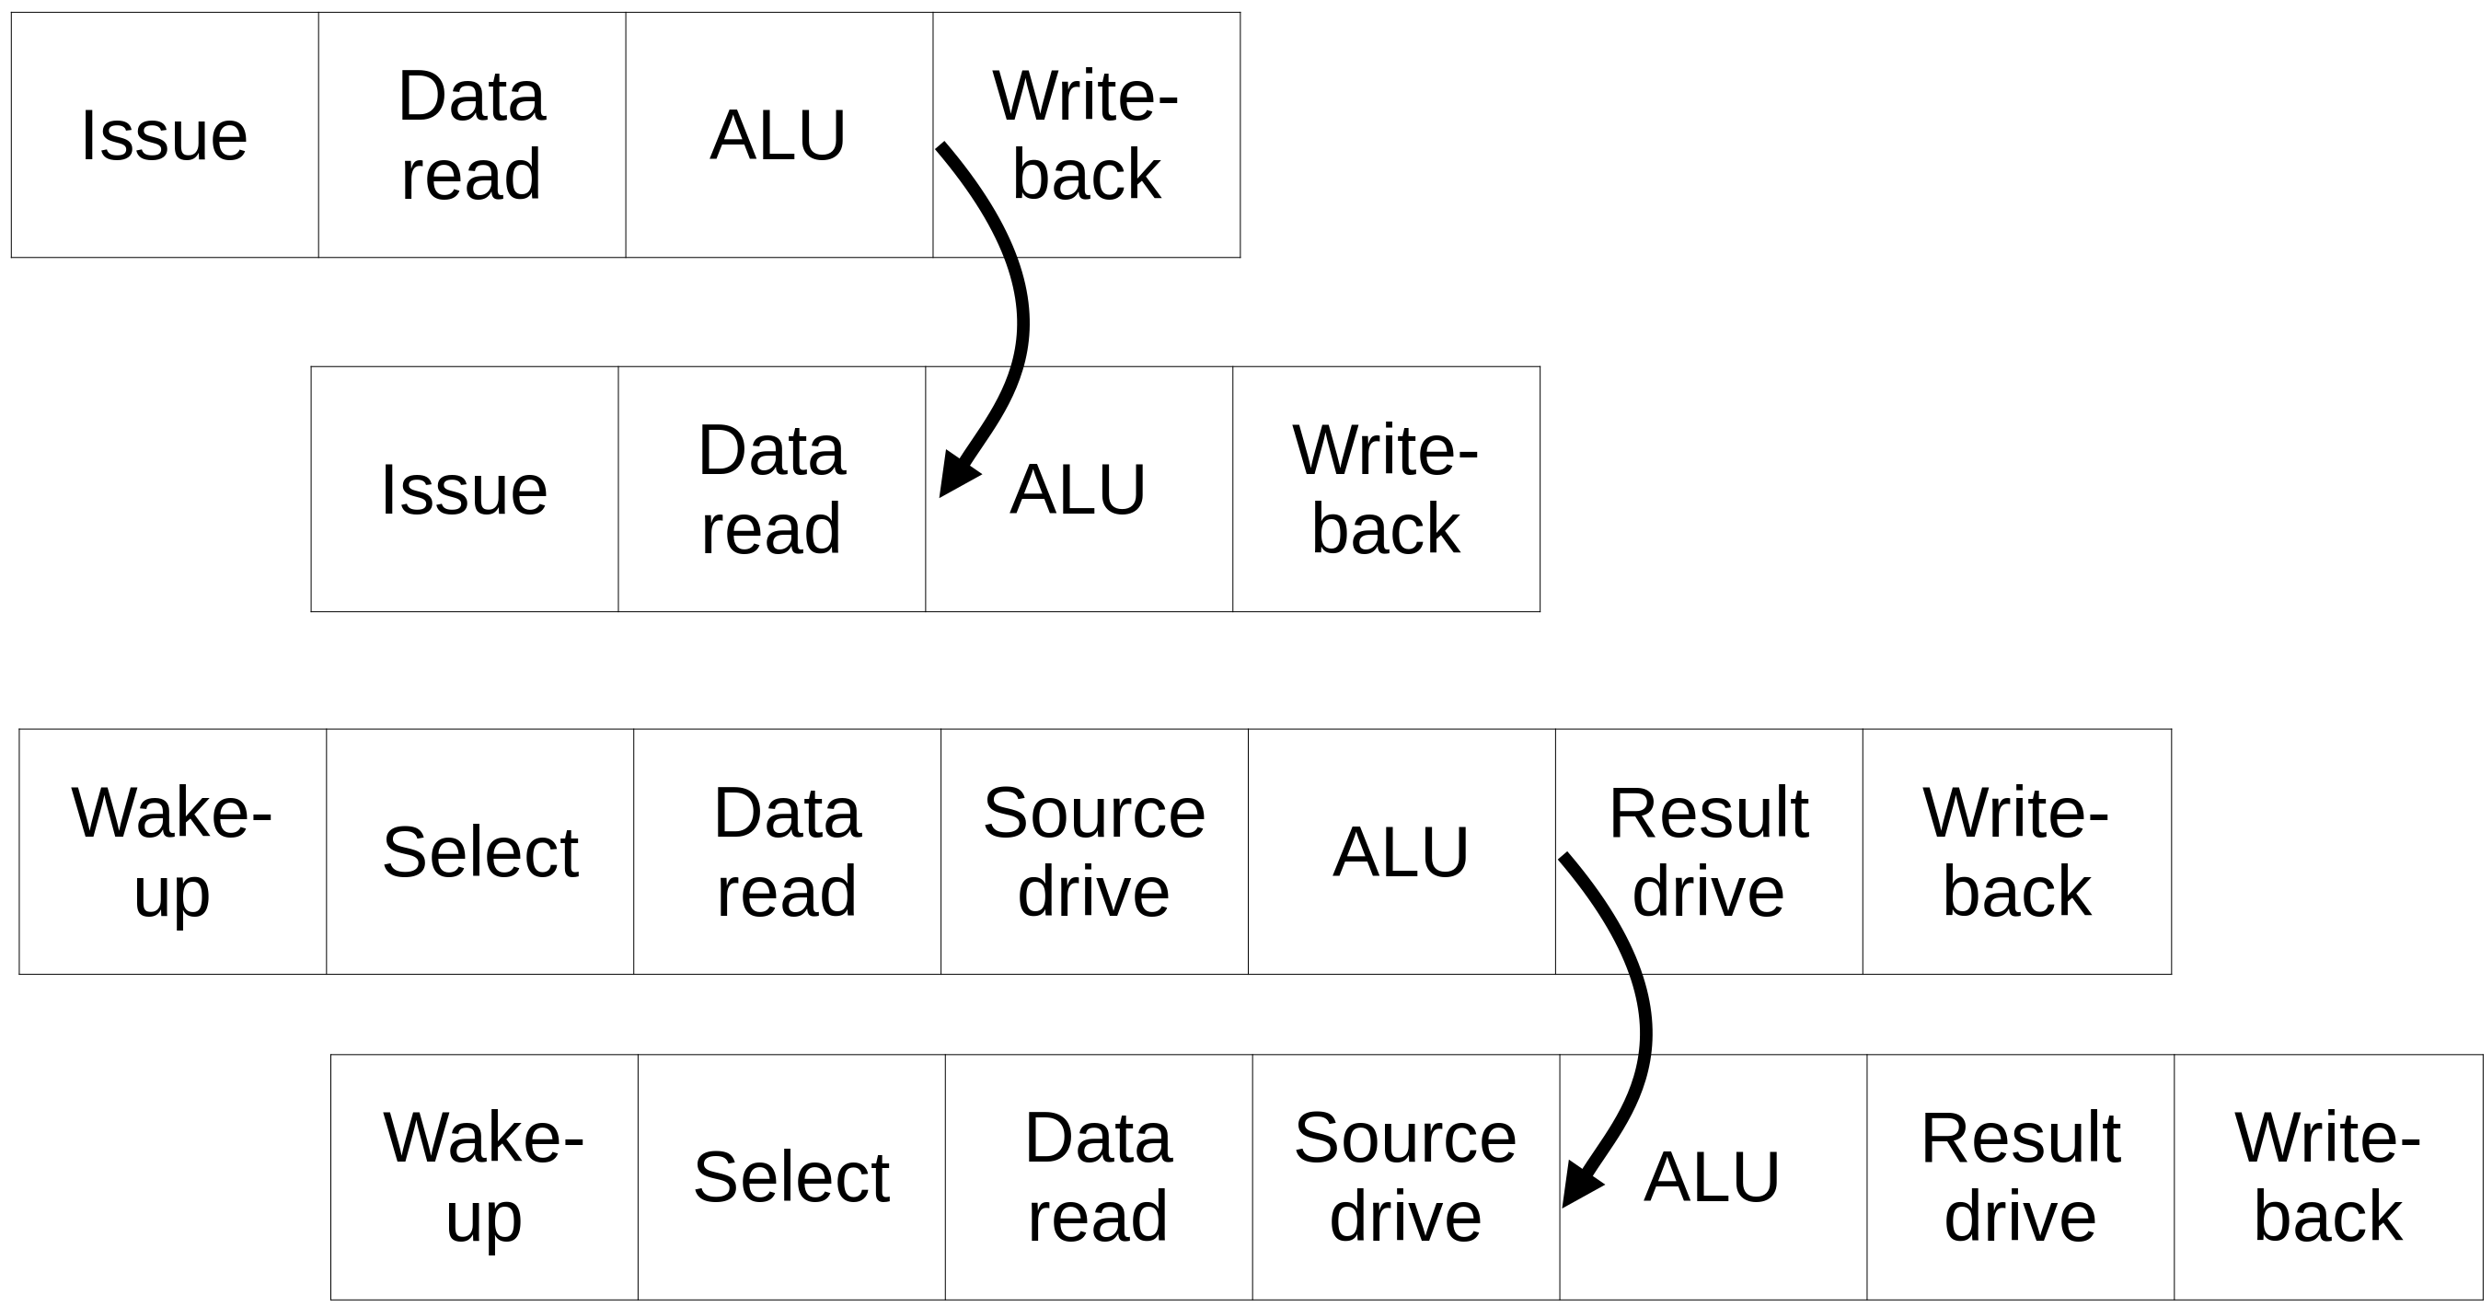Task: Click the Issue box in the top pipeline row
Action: coord(165,134)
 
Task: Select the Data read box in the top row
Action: coord(472,134)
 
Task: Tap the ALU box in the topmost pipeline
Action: coord(779,134)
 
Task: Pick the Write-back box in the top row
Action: coord(1087,134)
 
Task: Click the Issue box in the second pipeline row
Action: coord(465,489)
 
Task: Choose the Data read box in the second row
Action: coord(772,489)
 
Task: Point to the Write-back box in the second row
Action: coord(1386,489)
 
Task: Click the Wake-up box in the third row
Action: coord(172,851)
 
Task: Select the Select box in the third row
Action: coord(479,851)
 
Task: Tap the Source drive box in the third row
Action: coord(1094,851)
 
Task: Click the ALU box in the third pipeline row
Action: coord(1402,851)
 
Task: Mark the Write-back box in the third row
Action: coord(2017,851)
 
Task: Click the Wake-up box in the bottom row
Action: coord(484,1176)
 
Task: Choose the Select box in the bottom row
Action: coord(791,1176)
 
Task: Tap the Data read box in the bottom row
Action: coord(1099,1176)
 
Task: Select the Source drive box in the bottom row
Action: coord(1405,1176)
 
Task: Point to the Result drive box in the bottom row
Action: coord(2021,1176)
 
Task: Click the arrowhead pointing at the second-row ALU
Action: coord(958,475)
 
